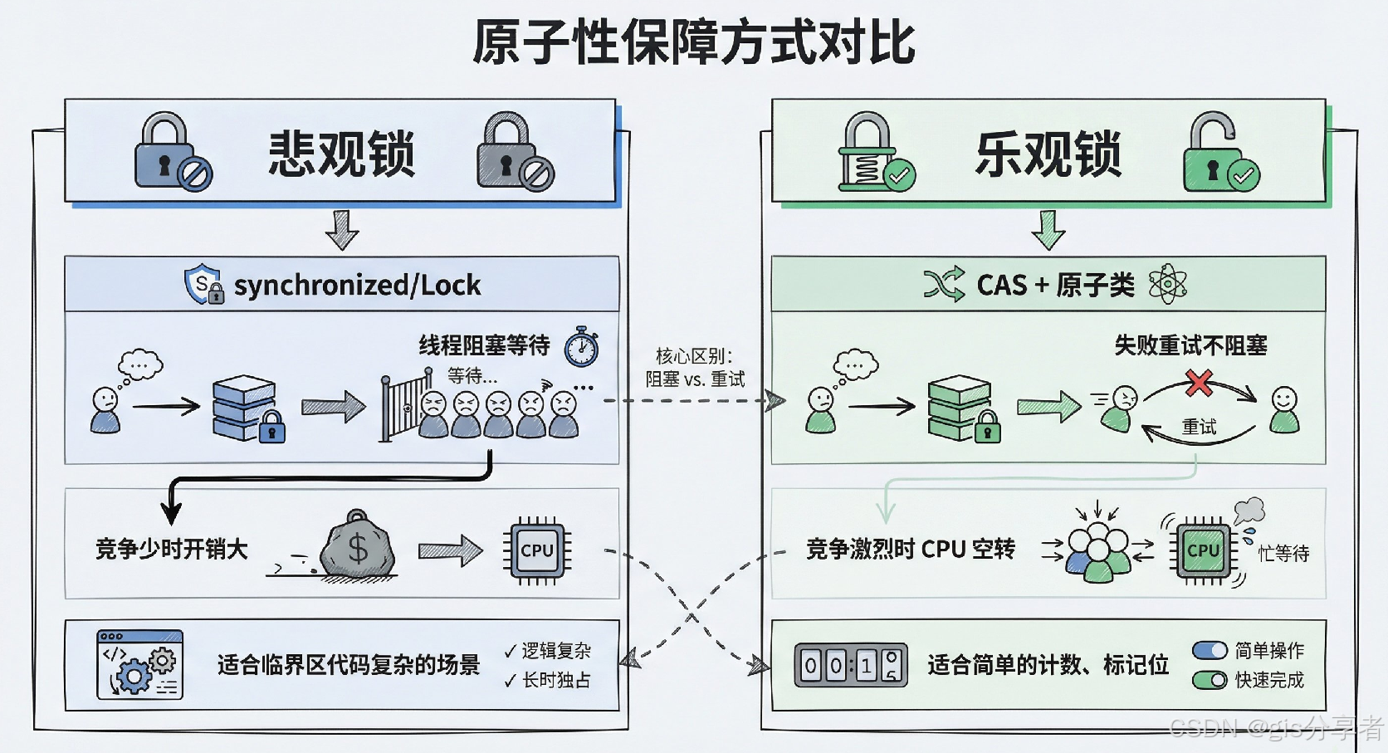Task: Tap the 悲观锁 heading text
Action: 341,154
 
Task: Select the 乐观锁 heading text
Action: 1048,154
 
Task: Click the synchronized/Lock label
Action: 357,286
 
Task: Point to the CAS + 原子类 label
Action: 1055,286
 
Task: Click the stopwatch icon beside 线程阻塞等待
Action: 582,347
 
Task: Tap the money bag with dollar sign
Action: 358,546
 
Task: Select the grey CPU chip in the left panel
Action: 536,550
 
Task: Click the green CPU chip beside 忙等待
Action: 1203,550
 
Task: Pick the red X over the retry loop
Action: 1199,383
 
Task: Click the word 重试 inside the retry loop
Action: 1199,427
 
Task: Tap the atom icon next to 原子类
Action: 1167,285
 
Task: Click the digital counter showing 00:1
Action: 850,665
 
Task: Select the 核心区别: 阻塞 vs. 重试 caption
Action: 695,368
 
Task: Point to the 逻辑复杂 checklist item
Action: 548,651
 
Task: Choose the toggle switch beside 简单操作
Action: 1210,650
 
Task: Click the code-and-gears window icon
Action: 139,664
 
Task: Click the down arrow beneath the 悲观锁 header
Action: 342,230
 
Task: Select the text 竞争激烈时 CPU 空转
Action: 910,550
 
